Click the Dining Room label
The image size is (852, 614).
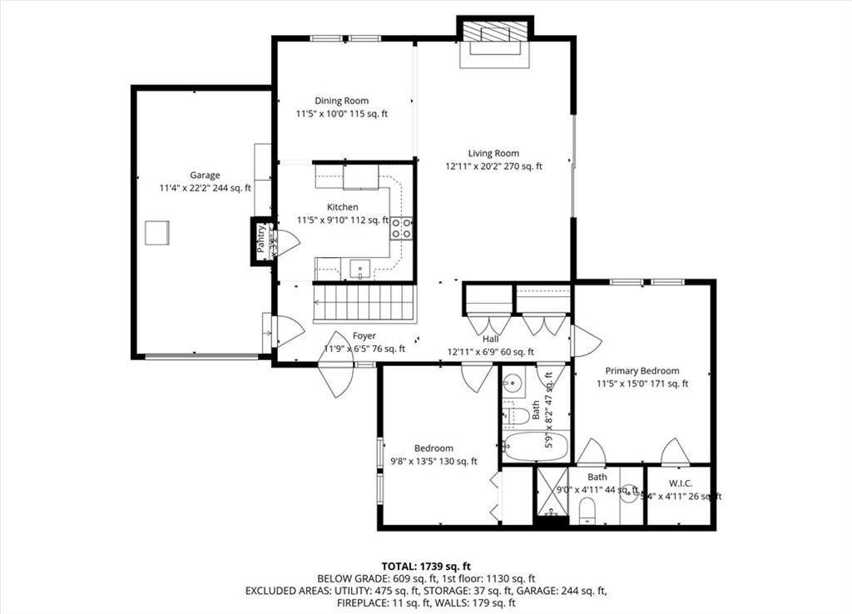point(341,102)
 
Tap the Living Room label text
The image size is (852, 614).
point(493,153)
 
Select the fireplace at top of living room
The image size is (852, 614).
point(495,37)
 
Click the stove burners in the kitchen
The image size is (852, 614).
point(401,228)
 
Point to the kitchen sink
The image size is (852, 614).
point(360,268)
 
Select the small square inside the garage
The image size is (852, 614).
point(157,232)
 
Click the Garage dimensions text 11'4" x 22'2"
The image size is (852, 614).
point(205,188)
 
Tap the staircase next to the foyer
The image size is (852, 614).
point(364,302)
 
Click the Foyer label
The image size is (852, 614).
point(364,336)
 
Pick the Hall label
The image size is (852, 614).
point(490,339)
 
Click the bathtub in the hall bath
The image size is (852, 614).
point(535,446)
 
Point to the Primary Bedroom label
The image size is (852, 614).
point(641,371)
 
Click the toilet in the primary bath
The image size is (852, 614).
point(589,509)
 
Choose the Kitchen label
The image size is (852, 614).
point(343,207)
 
